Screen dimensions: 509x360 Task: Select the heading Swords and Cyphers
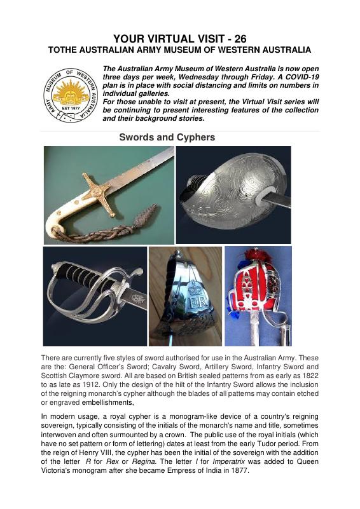click(167, 137)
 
